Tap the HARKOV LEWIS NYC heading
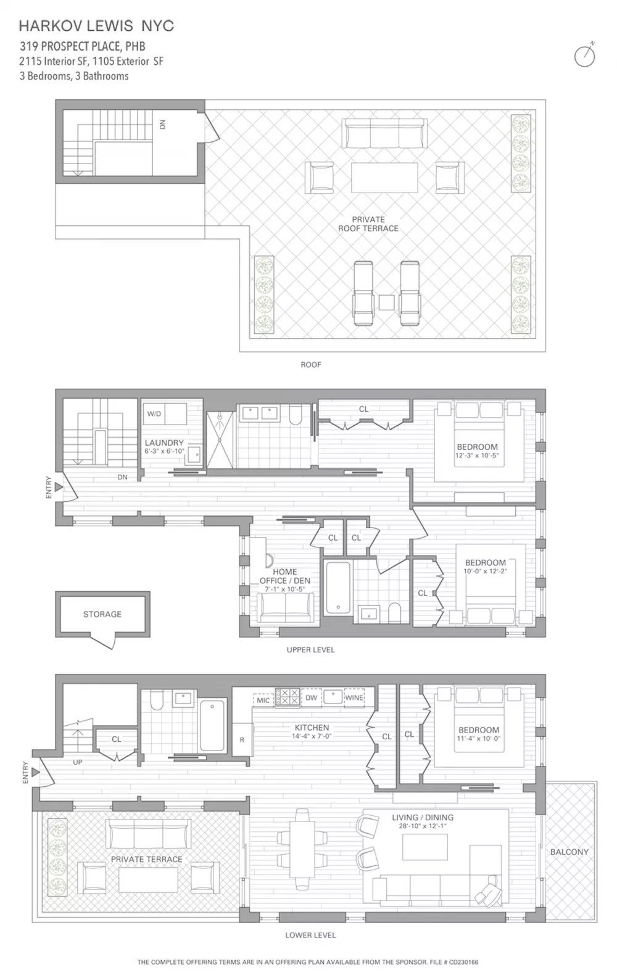[96, 26]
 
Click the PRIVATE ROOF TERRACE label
[368, 224]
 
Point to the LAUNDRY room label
[165, 442]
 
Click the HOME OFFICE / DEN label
[285, 576]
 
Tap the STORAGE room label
[102, 614]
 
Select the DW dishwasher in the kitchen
[312, 698]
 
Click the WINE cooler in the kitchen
[354, 698]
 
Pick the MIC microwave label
[263, 700]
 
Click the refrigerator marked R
[242, 739]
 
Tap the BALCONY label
[569, 852]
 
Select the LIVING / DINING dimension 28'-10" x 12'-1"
[423, 826]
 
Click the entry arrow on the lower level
[36, 773]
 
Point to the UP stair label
[78, 762]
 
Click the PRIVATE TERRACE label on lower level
[147, 859]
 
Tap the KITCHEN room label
[312, 727]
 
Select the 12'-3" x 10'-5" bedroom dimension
[478, 455]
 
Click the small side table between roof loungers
[386, 302]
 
